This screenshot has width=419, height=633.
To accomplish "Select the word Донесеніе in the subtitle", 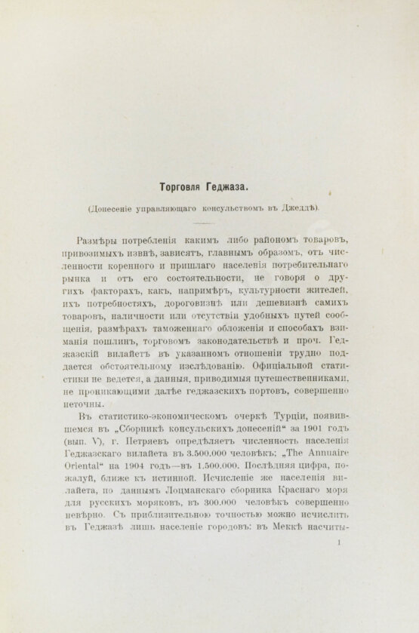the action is tap(120, 208).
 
